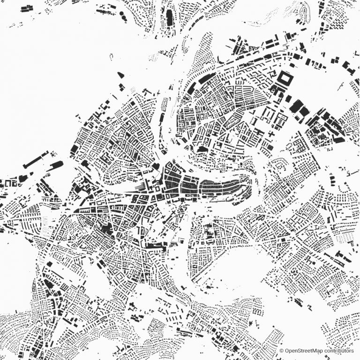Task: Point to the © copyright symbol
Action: (282, 351)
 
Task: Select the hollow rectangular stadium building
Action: (285, 78)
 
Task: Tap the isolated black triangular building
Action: (120, 74)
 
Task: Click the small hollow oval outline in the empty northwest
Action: (111, 57)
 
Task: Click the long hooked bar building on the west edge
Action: (35, 160)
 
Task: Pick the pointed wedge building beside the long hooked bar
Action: (56, 165)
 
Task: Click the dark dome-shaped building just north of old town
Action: (202, 149)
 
